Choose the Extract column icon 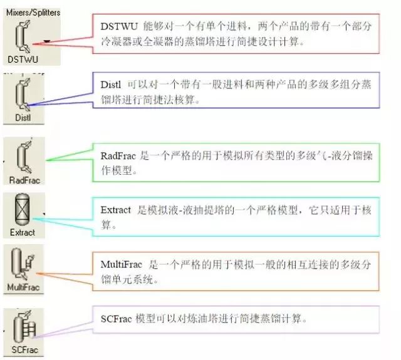click(x=23, y=212)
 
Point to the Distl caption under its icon click(x=23, y=117)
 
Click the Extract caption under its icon click(x=23, y=233)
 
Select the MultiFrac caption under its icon click(x=24, y=287)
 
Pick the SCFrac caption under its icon click(x=24, y=348)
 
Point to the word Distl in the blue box click(x=112, y=83)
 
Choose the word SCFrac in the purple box click(x=116, y=319)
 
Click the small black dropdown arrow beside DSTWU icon click(x=48, y=41)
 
